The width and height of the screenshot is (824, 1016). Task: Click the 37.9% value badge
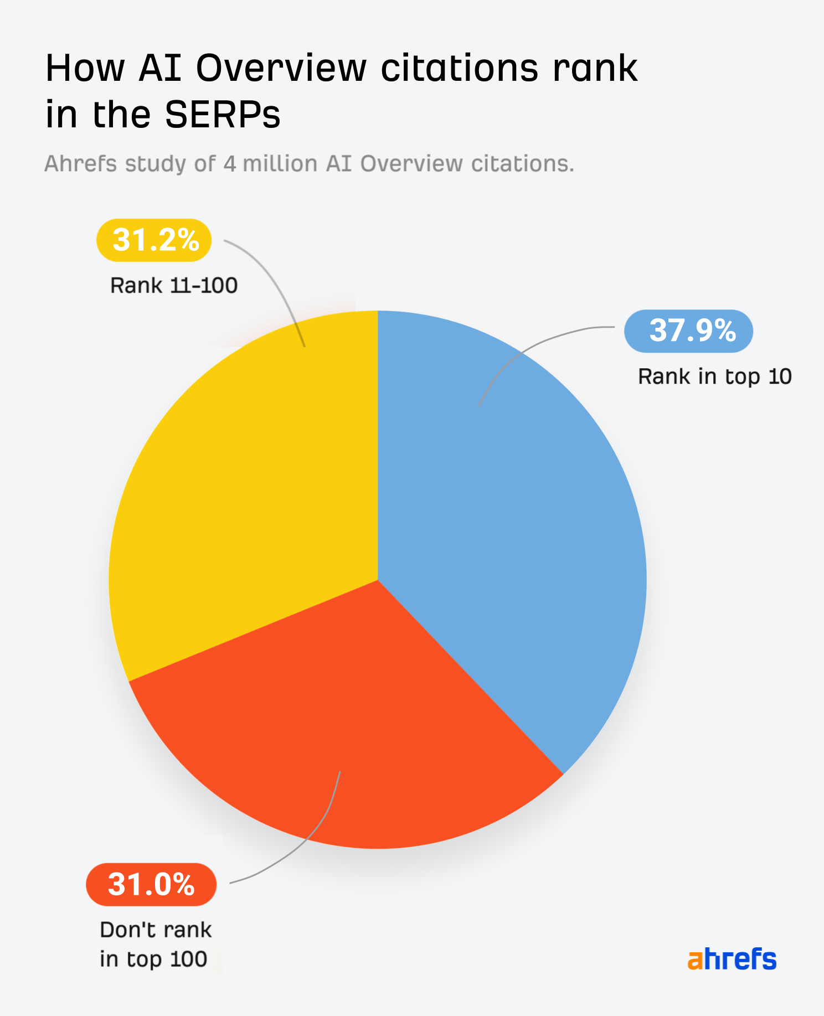[x=688, y=331]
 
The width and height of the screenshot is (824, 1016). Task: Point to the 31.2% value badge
[x=154, y=240]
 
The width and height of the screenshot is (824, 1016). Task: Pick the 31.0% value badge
[x=151, y=884]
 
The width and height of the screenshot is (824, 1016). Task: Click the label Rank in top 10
[x=714, y=377]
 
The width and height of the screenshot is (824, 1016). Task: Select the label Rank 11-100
[x=174, y=286]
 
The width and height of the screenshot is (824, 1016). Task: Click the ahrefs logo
[x=732, y=959]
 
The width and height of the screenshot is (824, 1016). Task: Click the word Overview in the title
[x=281, y=68]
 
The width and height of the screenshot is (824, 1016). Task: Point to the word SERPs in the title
[x=223, y=115]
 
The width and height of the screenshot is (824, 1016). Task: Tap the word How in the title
[x=85, y=68]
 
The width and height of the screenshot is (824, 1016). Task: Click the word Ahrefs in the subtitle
[x=80, y=164]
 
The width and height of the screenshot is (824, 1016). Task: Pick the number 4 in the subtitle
[x=230, y=164]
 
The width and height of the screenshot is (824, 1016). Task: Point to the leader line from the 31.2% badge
[x=277, y=282]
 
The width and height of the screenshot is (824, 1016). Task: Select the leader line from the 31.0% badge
[x=310, y=842]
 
